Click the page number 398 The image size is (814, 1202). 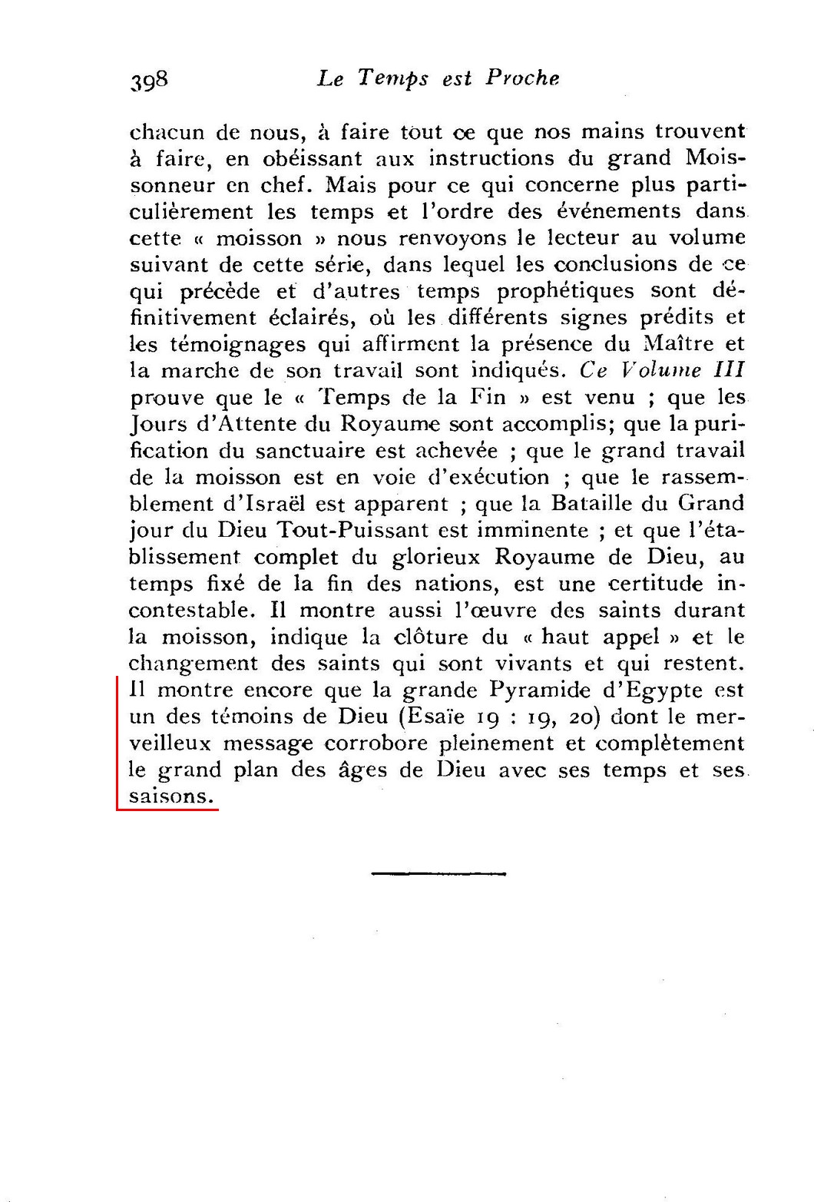[x=149, y=80]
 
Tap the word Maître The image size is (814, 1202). [x=679, y=344]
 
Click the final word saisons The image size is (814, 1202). [x=170, y=796]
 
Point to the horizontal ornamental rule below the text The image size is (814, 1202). [x=438, y=873]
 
